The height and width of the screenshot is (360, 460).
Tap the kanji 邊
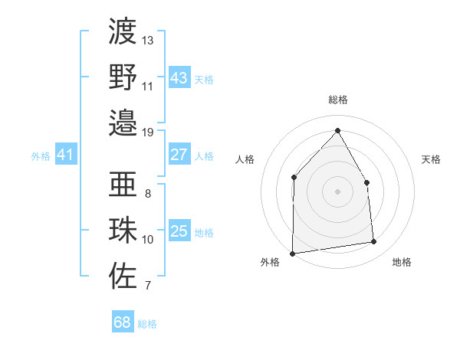pos(123,123)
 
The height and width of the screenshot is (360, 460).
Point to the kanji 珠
pos(123,231)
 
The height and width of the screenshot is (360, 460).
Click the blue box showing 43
pos(179,78)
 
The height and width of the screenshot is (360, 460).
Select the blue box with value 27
pos(179,155)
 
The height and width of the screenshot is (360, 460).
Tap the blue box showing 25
pos(179,231)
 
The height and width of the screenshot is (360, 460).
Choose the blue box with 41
pos(66,155)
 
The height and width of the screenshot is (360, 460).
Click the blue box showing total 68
pos(123,322)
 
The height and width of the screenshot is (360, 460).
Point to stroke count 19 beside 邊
pos(148,132)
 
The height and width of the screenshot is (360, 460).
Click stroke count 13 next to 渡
pos(148,40)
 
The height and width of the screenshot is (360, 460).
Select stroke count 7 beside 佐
pos(148,286)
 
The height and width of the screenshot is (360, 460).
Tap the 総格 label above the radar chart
pos(337,100)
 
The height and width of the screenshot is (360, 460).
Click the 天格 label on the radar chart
pos(431,159)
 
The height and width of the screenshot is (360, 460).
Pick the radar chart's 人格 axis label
pos(245,159)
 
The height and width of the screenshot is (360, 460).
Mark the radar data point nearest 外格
pos(292,253)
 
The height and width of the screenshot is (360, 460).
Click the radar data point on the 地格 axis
pos(374,242)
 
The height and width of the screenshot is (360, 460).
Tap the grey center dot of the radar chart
pos(337,191)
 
